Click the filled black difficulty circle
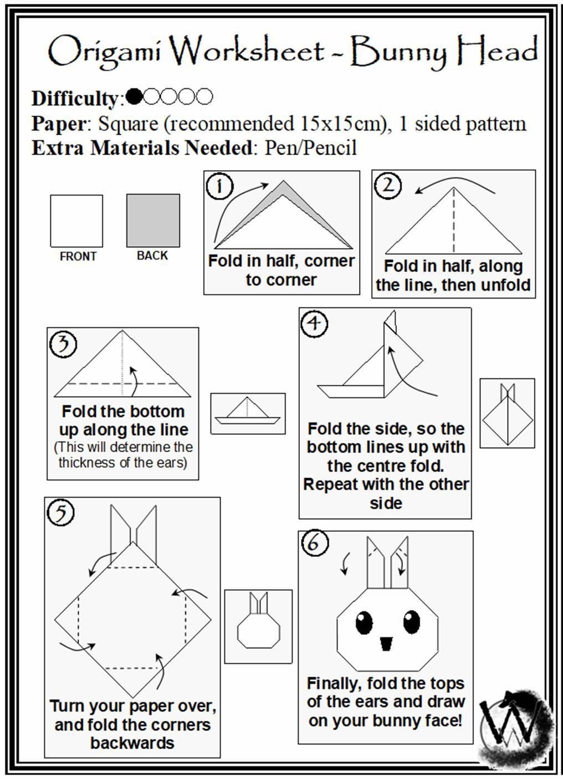tap(135, 96)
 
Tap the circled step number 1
tap(219, 186)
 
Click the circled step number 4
tap(314, 324)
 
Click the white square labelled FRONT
tap(76, 221)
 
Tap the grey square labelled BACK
tap(153, 221)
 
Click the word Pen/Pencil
tap(310, 147)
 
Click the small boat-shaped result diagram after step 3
tap(248, 413)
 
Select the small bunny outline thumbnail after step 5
tap(258, 626)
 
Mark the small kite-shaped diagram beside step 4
tap(508, 413)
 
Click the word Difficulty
tap(75, 99)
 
